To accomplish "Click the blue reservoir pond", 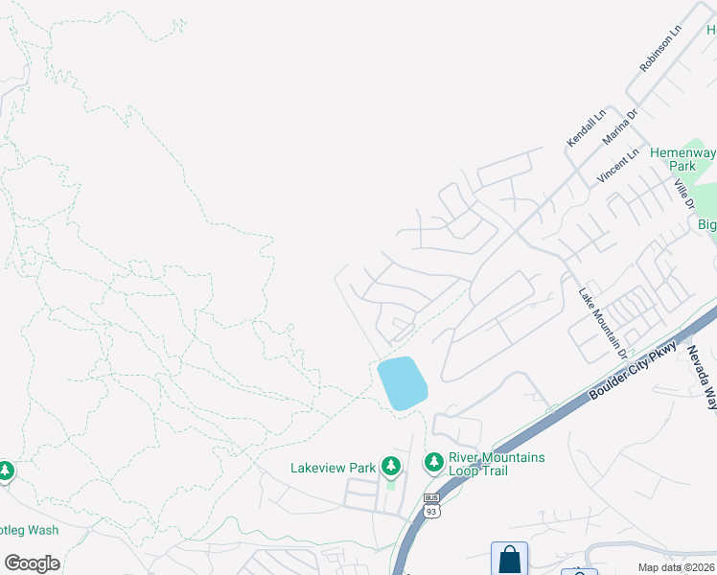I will [403, 382].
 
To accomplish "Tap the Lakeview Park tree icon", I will [390, 467].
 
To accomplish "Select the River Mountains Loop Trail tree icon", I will [434, 463].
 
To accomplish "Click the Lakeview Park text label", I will [333, 468].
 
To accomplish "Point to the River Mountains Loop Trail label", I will [496, 464].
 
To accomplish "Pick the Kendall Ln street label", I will [586, 127].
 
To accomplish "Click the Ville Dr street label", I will [682, 193].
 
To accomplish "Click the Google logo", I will [32, 563].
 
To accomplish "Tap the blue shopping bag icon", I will [509, 559].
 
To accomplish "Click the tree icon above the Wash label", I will [6, 471].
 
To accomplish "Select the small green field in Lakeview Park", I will [390, 483].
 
